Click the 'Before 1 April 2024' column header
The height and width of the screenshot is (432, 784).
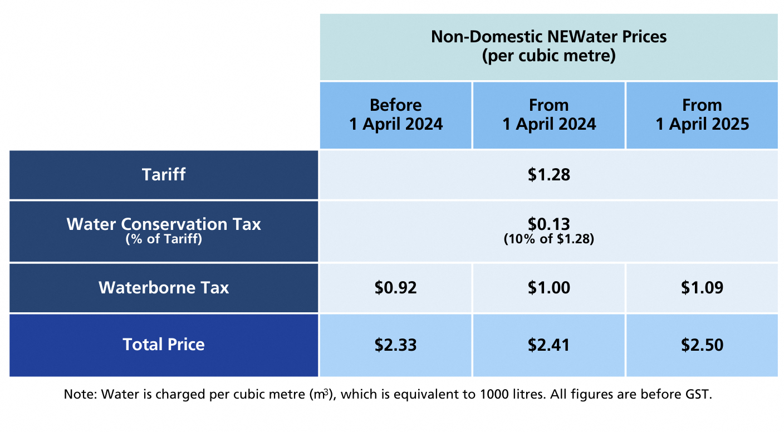click(396, 115)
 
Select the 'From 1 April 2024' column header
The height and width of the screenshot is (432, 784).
click(549, 115)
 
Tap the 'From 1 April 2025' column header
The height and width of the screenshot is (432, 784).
click(702, 115)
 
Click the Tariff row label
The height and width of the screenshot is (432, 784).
click(164, 175)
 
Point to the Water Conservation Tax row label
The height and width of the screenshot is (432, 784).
click(164, 224)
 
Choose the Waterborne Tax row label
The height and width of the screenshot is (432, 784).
click(164, 288)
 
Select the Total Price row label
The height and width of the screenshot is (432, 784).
click(164, 345)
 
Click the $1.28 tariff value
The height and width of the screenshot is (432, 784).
click(548, 175)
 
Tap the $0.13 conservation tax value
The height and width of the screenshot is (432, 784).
click(548, 224)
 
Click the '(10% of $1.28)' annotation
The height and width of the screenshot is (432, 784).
click(548, 240)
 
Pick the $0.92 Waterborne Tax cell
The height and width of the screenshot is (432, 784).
click(396, 288)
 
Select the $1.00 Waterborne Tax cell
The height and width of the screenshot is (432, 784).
click(548, 288)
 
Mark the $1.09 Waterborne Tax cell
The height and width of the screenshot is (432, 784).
click(702, 288)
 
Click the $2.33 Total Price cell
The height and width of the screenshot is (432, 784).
click(396, 345)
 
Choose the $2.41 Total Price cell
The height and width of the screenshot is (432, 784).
click(548, 345)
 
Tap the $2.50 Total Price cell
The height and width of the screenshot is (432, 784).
click(702, 345)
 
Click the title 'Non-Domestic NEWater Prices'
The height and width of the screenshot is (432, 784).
click(548, 37)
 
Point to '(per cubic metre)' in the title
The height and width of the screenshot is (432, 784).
click(548, 56)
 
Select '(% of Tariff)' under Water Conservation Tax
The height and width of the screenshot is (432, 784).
click(164, 240)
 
